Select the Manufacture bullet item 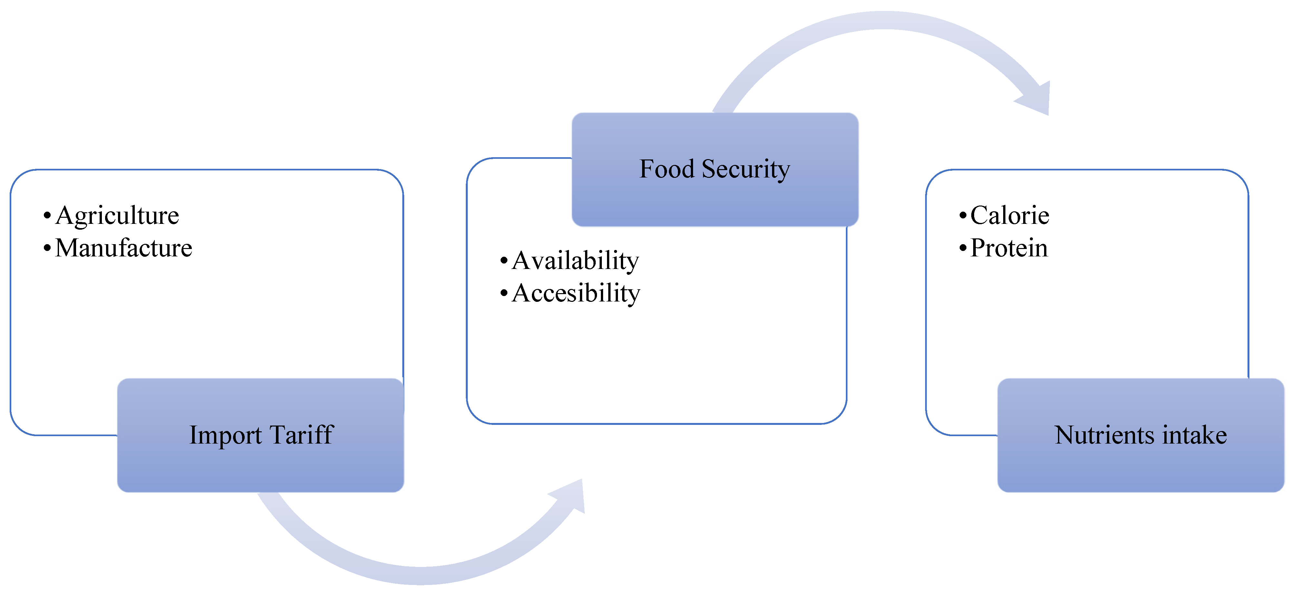point(123,248)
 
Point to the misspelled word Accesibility point(576,293)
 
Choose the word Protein point(1009,248)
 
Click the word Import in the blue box point(225,436)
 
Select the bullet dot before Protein point(963,248)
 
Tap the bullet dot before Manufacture point(47,248)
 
